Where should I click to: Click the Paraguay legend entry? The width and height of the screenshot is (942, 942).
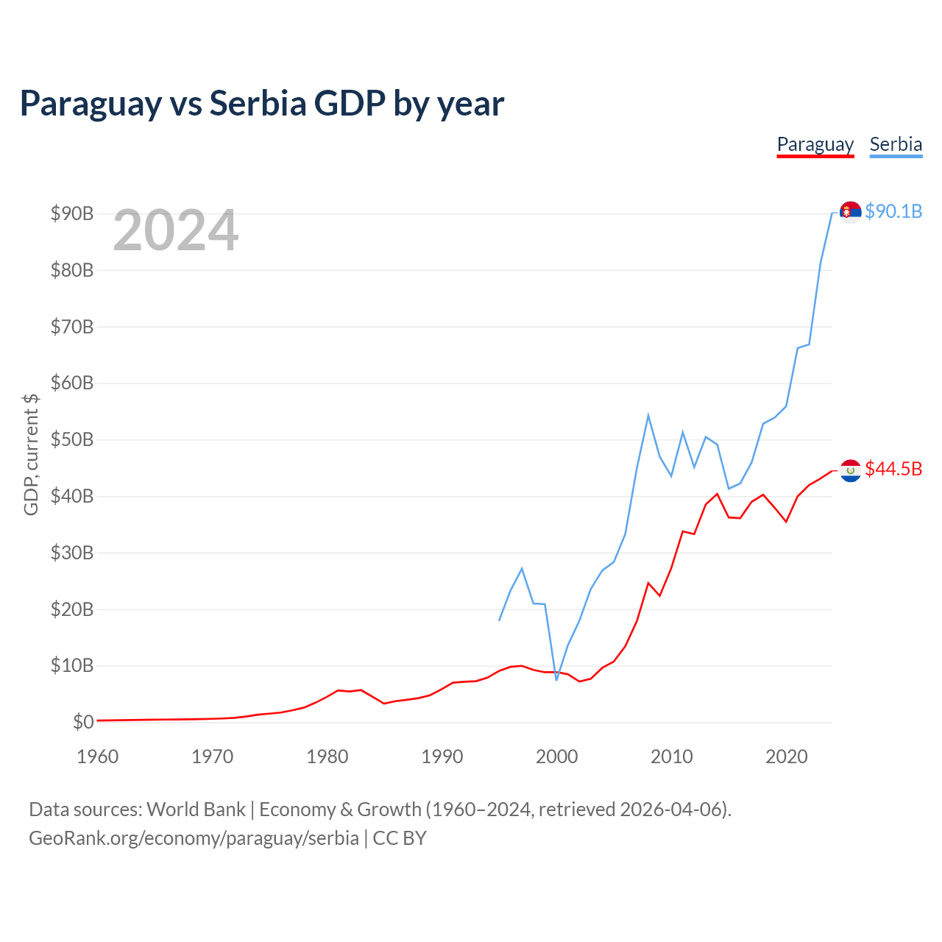tap(815, 145)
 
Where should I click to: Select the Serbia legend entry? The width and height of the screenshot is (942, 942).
tap(896, 145)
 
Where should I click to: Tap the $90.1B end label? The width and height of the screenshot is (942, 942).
tap(893, 211)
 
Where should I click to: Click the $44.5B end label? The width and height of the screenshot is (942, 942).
tap(893, 469)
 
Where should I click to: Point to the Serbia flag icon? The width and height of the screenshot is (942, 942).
tap(850, 212)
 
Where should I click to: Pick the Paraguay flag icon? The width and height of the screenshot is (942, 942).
tap(850, 470)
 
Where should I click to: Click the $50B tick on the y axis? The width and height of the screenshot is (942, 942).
tap(72, 439)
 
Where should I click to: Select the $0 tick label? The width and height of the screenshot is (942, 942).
tap(83, 721)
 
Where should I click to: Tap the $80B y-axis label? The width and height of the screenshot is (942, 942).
tap(72, 270)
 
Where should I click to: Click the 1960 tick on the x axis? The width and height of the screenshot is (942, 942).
tap(98, 757)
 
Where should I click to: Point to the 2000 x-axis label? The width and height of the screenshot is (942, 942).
tap(557, 757)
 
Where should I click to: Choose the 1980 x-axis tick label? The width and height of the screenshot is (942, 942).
tap(327, 757)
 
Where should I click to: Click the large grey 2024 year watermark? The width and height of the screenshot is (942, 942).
tap(176, 230)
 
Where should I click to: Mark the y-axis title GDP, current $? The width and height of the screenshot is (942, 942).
tap(31, 455)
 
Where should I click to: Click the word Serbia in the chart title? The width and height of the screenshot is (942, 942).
tap(258, 103)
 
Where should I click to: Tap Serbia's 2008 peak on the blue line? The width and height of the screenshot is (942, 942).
tap(648, 416)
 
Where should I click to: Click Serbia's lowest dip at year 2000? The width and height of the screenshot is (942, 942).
tap(556, 680)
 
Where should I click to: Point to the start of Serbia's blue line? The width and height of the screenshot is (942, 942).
tap(499, 620)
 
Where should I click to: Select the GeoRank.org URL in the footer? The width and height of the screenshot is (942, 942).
tap(194, 838)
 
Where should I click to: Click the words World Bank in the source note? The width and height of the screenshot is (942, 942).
tap(196, 810)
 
